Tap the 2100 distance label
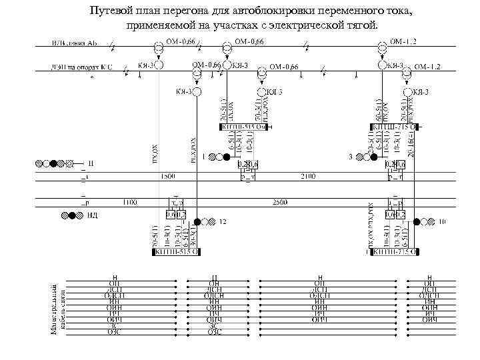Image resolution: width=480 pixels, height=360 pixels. [308, 175]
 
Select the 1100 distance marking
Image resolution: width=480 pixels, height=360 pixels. [129, 201]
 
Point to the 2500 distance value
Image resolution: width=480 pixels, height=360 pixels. [280, 201]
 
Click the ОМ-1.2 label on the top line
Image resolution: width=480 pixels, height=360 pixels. [403, 42]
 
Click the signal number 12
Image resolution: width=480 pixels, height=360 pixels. [223, 221]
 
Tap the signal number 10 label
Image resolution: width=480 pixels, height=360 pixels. [442, 221]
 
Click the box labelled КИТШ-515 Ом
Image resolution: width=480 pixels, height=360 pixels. [242, 126]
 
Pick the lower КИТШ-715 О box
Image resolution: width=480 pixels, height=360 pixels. [395, 252]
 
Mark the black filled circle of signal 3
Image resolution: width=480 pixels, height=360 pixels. [374, 157]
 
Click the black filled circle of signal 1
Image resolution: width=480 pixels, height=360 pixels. [227, 157]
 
